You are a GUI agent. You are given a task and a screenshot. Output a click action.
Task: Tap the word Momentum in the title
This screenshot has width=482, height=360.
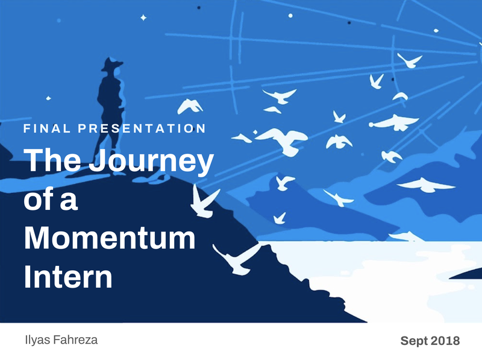110,238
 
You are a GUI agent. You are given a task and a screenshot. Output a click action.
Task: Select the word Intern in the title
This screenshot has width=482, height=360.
68,276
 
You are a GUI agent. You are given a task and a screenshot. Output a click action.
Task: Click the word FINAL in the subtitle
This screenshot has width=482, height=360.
47,128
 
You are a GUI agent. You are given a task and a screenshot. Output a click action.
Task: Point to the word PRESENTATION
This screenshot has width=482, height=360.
142,128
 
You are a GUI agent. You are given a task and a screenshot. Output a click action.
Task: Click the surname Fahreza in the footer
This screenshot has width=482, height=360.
75,340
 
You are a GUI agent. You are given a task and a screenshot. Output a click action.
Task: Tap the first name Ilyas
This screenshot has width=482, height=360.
37,341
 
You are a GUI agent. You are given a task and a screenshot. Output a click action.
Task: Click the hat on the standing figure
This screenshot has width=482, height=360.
112,64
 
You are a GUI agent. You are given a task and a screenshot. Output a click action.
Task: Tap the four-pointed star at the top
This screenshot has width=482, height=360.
143,17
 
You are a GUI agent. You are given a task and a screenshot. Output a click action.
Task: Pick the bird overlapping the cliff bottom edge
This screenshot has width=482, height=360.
237,259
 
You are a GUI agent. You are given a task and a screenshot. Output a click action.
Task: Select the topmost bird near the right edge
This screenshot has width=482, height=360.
410,60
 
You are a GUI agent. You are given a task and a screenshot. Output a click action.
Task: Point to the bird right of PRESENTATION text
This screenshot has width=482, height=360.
190,106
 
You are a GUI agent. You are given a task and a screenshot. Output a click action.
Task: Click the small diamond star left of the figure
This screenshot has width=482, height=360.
48,98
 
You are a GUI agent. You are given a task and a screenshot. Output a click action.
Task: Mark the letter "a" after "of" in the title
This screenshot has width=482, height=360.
69,201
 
